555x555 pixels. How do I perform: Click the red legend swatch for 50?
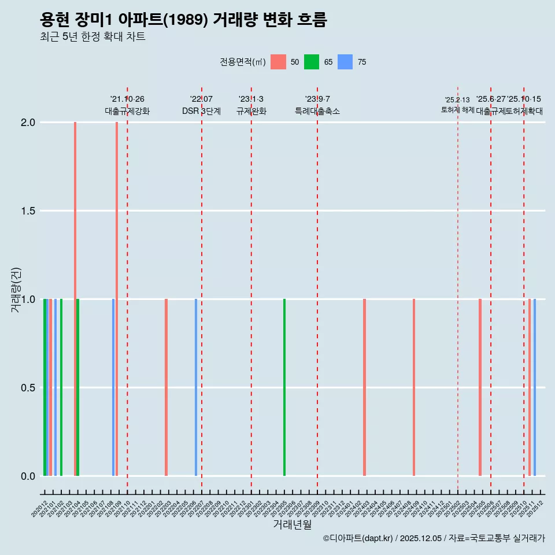(278, 62)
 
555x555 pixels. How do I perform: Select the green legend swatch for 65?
(312, 62)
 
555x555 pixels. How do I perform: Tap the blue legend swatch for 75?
(345, 62)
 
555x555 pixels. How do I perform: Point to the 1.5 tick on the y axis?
(28, 211)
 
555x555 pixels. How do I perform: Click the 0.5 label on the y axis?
(28, 388)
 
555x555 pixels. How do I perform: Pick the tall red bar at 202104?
(75, 299)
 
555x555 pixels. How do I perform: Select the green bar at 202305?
(284, 387)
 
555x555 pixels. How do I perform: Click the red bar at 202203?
(166, 387)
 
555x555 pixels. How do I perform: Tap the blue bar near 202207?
(196, 387)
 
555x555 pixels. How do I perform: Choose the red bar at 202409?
(414, 387)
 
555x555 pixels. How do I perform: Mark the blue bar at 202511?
(535, 387)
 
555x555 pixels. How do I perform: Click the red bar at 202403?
(364, 387)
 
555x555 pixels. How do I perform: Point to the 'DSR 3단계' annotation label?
(201, 111)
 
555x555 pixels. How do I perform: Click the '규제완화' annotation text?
(251, 111)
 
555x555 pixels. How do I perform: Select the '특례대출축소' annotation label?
(317, 111)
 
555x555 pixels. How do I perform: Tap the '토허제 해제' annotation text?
(457, 109)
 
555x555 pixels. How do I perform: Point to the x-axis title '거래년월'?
(292, 525)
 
